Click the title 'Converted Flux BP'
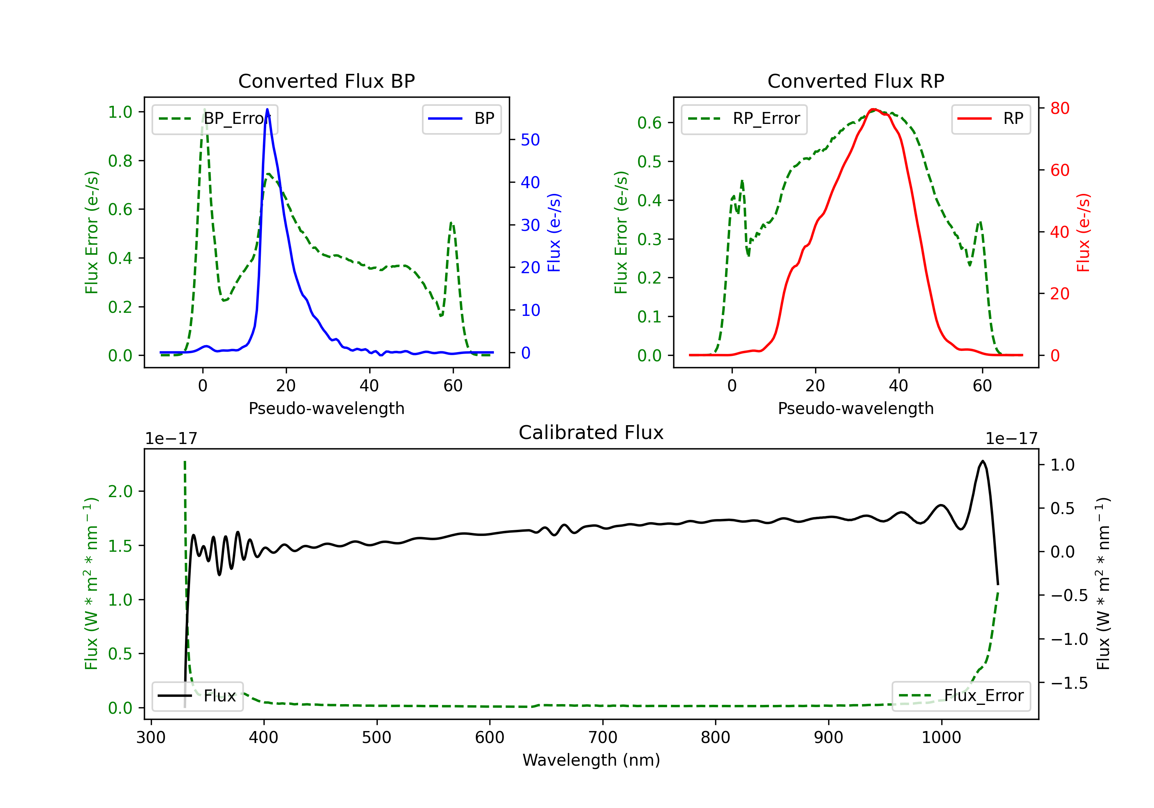point(326,81)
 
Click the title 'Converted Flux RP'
point(855,81)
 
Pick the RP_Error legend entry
point(744,119)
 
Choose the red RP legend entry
point(990,119)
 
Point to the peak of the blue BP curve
point(267,109)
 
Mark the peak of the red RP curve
point(874,109)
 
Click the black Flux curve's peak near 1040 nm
point(982,461)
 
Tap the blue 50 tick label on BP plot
point(530,140)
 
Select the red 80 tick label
point(1059,108)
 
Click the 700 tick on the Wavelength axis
point(603,737)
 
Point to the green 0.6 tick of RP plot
point(649,123)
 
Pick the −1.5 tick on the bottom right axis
point(1069,683)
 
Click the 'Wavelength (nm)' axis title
point(591,760)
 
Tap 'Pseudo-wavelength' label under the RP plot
point(855,408)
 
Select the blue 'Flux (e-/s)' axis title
point(554,232)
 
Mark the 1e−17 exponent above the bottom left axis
point(171,439)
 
